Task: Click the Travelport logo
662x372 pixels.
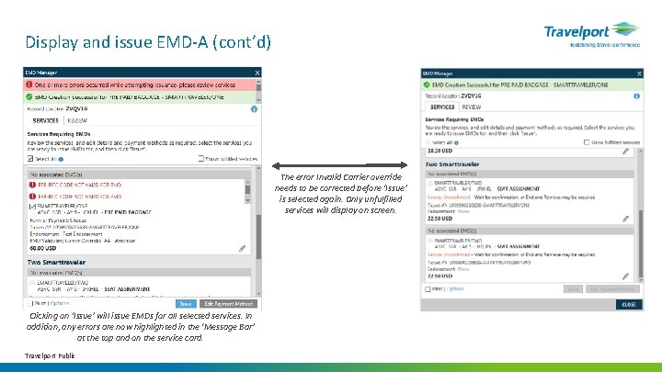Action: point(588,35)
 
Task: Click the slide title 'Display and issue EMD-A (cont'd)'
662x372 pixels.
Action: point(148,42)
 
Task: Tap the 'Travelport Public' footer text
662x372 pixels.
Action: point(51,355)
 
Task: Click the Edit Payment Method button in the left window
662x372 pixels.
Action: point(228,303)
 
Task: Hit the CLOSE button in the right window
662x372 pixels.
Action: point(628,304)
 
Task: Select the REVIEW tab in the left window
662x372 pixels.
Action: point(77,120)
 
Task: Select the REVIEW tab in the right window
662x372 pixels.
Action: point(471,107)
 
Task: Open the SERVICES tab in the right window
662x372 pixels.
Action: point(442,107)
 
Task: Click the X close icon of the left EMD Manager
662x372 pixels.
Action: point(257,72)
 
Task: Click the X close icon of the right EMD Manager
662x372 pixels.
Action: point(634,72)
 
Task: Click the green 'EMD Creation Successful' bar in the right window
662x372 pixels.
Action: point(530,84)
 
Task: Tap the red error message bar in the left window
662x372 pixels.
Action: point(143,85)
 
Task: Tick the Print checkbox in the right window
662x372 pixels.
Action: point(428,288)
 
